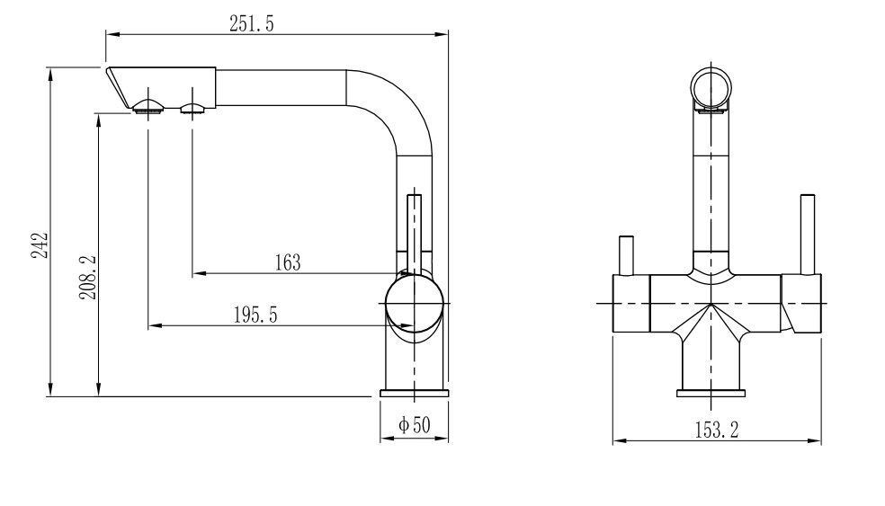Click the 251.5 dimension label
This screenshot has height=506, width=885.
(251, 23)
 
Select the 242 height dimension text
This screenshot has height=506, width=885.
(40, 244)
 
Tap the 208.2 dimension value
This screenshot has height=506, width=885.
(88, 277)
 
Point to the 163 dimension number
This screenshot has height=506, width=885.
(288, 262)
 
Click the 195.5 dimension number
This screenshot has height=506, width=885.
(255, 315)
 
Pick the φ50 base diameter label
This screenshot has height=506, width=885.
(415, 425)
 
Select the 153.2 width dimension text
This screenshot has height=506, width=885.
(716, 430)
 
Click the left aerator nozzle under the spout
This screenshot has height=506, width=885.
(149, 107)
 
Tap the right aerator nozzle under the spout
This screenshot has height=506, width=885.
(193, 108)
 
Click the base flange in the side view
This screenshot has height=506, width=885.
(415, 393)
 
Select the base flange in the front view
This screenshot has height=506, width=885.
(711, 393)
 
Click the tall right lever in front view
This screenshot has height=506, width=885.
(808, 235)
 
